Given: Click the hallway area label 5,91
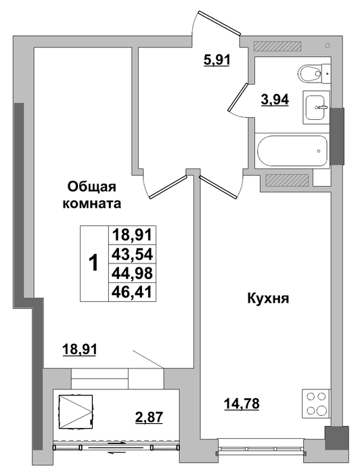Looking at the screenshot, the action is [x=217, y=60].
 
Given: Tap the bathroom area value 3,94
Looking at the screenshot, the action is [x=275, y=99].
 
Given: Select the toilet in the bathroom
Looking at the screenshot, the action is [x=314, y=73].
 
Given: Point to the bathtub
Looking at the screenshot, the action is [x=292, y=150].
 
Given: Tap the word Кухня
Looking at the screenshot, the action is [x=268, y=299].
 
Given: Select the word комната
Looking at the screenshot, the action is [x=91, y=203].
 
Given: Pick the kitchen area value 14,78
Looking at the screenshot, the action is [x=242, y=404].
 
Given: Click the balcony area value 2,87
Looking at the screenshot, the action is [x=149, y=418].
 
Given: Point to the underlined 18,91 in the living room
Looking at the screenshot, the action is [x=79, y=350].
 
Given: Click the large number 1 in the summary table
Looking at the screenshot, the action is [x=94, y=263].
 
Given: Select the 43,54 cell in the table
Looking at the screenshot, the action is [x=132, y=254].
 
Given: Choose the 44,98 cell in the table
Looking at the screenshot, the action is [x=132, y=273].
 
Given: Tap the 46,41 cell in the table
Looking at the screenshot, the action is [x=132, y=292].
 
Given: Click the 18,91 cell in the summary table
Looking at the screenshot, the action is [x=132, y=235].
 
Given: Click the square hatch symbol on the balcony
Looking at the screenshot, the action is [x=76, y=411].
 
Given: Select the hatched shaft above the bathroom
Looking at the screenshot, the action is [x=277, y=45].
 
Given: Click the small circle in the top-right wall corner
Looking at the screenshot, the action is [x=328, y=45].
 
